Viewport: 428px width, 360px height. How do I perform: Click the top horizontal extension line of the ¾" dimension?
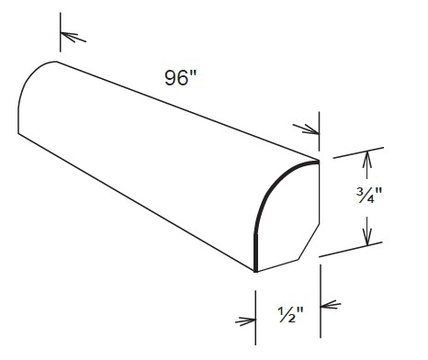(354, 152)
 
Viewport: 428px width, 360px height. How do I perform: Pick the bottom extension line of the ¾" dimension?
(354, 245)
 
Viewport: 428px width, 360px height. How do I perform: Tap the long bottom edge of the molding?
(138, 203)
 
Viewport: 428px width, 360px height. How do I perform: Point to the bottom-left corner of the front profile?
(254, 272)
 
